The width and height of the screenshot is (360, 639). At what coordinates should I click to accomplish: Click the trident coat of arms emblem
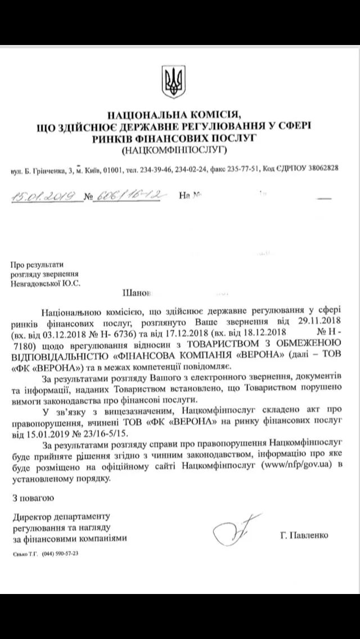[173, 82]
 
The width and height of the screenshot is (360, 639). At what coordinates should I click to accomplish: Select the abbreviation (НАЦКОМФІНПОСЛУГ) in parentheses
[173, 150]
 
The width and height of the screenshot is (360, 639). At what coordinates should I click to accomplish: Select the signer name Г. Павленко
[303, 534]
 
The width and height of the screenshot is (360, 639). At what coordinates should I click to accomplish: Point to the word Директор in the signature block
[30, 516]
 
